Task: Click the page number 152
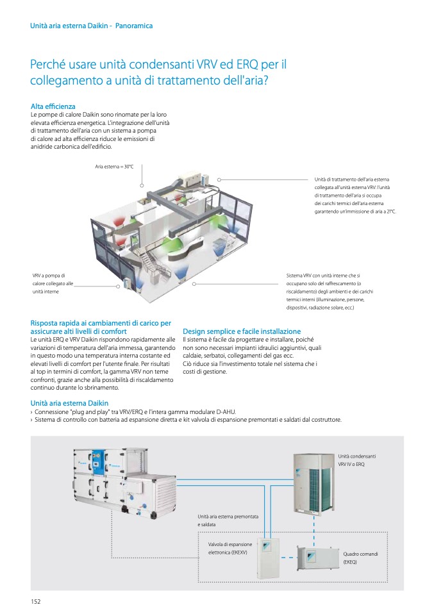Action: [x=36, y=601]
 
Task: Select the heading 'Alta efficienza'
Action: [x=53, y=106]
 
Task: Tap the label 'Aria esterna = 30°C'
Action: [x=114, y=167]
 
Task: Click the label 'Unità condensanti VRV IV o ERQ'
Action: [x=357, y=460]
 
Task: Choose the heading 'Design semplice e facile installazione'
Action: [x=242, y=331]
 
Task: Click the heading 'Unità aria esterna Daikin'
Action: [x=69, y=403]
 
